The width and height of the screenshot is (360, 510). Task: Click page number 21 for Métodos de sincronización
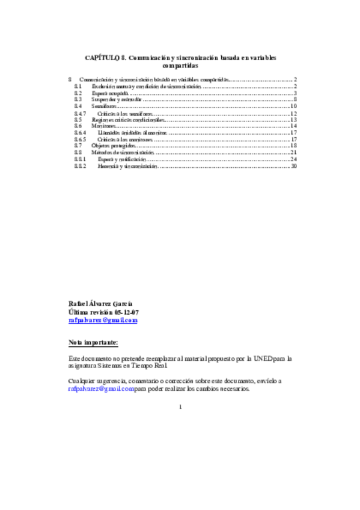[x=294, y=152]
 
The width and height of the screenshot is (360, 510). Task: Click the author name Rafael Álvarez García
[x=101, y=304]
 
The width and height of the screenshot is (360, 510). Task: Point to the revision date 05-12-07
[x=126, y=312]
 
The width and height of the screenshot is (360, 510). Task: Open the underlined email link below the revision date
[x=103, y=321]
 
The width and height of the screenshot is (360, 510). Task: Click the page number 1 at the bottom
[x=180, y=407]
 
